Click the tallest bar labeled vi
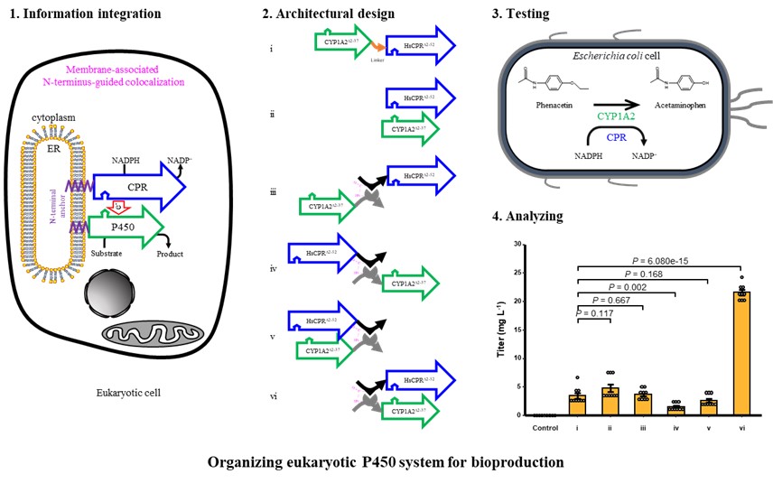[x=741, y=353]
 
